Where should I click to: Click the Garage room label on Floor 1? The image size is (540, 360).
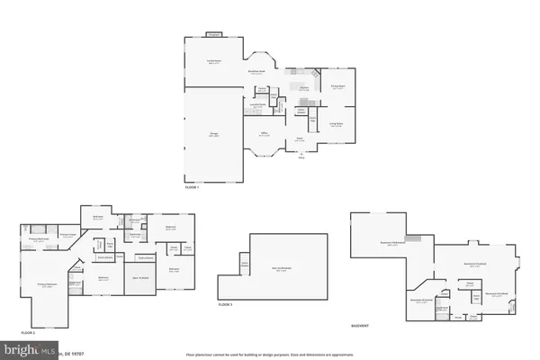(x=214, y=133)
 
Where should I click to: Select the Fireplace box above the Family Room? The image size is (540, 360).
(x=213, y=34)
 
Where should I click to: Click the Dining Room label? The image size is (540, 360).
(x=337, y=87)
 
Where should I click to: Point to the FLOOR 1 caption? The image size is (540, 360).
(x=193, y=187)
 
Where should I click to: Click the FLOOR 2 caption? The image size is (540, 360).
(x=28, y=332)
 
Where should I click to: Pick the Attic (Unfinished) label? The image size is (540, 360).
(x=282, y=269)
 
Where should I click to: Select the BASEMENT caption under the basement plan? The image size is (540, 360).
(x=359, y=325)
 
